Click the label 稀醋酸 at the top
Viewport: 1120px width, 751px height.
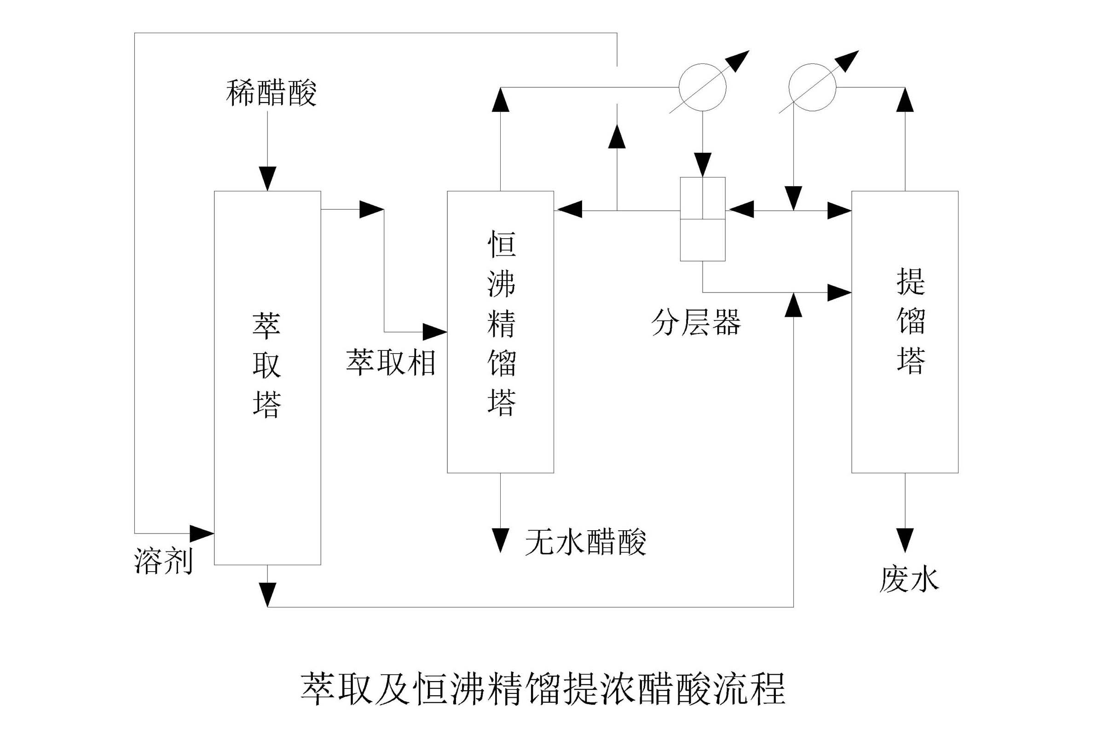(x=271, y=92)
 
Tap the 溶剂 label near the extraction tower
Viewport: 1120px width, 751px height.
(x=163, y=561)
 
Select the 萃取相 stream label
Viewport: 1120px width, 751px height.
(x=391, y=362)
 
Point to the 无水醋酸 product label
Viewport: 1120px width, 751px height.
(x=585, y=542)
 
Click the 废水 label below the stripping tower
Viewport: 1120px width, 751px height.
(x=909, y=579)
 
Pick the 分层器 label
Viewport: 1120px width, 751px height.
(x=696, y=322)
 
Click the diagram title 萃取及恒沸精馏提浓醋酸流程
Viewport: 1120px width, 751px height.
(x=543, y=689)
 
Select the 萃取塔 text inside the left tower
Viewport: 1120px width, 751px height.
(x=266, y=365)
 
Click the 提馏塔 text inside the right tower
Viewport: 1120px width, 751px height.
(x=911, y=321)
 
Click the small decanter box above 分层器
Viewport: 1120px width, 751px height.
(x=703, y=219)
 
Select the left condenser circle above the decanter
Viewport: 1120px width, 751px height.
(x=703, y=88)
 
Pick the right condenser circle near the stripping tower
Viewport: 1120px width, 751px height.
(x=812, y=88)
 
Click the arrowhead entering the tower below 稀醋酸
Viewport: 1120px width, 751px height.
(x=267, y=178)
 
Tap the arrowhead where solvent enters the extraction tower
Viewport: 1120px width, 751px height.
(x=201, y=533)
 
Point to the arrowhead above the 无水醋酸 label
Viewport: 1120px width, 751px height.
(x=500, y=540)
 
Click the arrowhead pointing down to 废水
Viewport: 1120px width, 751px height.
(x=905, y=540)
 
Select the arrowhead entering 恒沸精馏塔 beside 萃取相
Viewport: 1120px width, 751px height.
(x=434, y=332)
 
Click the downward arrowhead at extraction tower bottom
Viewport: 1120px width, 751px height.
(x=267, y=594)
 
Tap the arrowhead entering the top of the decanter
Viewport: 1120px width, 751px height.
(x=703, y=165)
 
